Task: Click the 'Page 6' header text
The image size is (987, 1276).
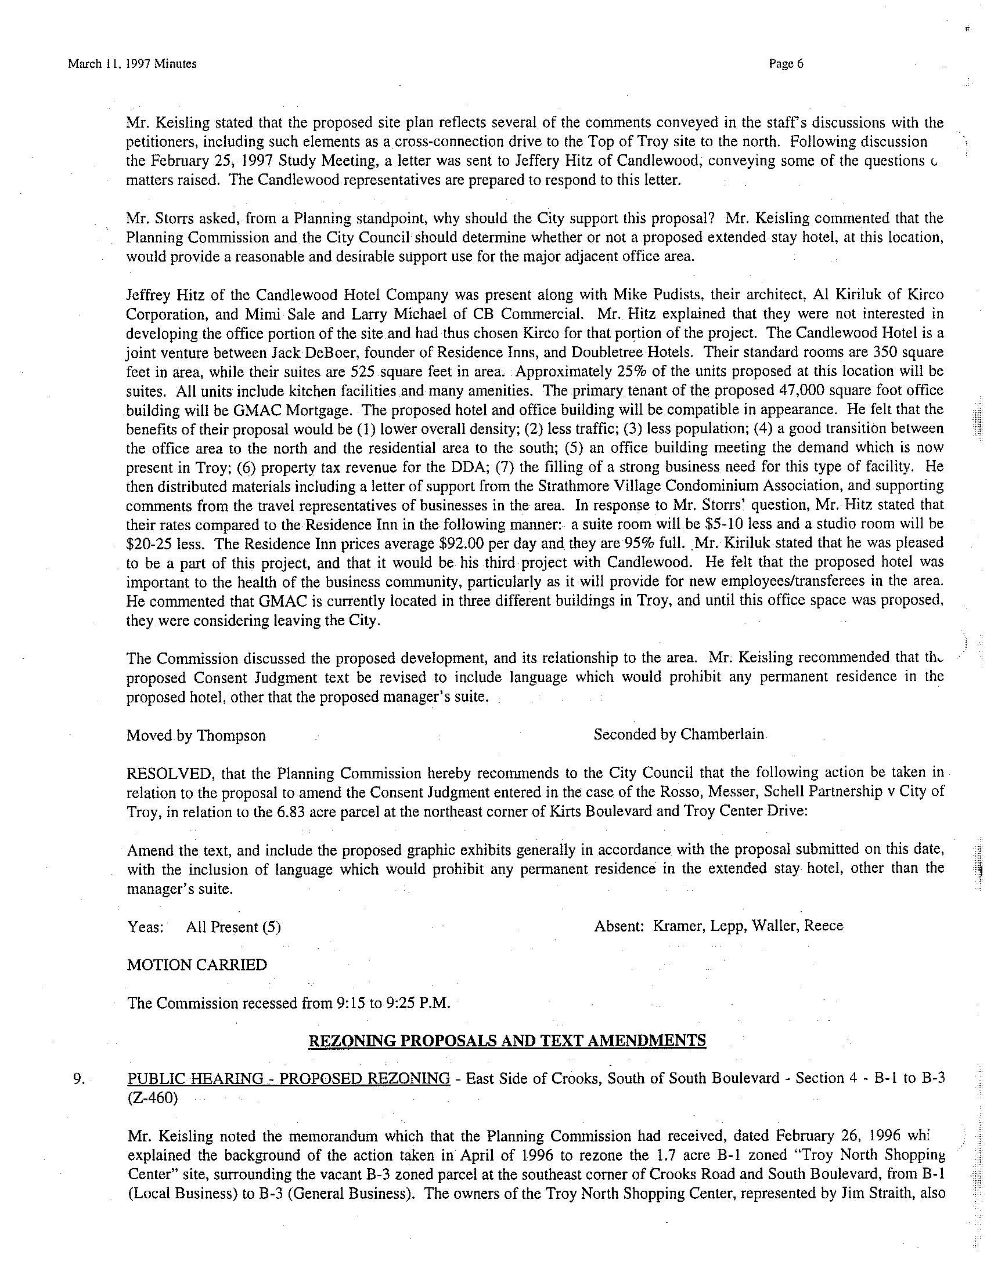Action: [787, 64]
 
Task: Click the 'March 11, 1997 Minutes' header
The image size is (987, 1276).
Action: [132, 64]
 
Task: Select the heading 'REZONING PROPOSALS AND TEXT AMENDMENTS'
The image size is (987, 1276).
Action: [507, 1041]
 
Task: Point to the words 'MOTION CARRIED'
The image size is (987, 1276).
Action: [197, 965]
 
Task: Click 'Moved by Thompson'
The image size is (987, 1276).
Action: [196, 735]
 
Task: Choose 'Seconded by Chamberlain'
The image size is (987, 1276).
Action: [679, 734]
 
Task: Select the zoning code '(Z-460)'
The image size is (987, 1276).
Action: [152, 1099]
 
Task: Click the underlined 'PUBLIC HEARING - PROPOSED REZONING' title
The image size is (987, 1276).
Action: [289, 1079]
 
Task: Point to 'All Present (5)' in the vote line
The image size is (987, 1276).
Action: [233, 927]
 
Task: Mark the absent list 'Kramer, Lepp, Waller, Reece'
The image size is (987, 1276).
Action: [748, 926]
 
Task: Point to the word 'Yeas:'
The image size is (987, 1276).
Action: [145, 927]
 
